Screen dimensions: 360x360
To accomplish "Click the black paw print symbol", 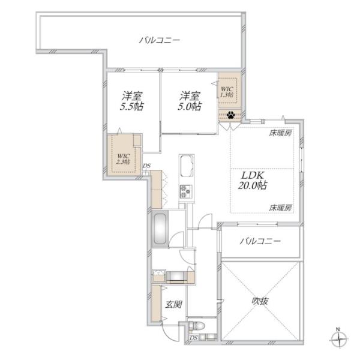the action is coord(230,115).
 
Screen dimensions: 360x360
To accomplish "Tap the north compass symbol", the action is coord(338,338).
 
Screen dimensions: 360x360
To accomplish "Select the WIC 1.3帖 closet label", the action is coord(227,92).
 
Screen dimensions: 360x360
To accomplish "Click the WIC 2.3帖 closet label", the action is coord(123,159).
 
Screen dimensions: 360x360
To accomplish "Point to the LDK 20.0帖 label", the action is coord(252,181).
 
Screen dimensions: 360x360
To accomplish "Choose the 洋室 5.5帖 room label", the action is coord(131,101).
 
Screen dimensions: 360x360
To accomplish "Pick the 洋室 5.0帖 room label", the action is coord(190,101).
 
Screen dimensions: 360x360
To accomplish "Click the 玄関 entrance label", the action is coord(174,305).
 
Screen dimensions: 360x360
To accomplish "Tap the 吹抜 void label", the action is coord(260,301).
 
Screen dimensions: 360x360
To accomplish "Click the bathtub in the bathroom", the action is coord(160,229).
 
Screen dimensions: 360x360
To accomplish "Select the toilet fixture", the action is coord(197,326).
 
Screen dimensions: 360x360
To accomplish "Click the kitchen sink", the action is coord(187,166).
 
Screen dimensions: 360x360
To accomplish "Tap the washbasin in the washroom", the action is coord(159,275).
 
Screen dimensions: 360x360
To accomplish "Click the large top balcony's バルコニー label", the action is coord(160,41).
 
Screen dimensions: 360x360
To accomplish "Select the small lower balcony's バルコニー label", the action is coord(260,241).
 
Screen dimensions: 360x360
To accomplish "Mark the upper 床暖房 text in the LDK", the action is coord(281,133).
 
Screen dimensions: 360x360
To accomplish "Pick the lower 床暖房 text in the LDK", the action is coord(281,208).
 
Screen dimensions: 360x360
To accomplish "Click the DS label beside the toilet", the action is coord(194,338).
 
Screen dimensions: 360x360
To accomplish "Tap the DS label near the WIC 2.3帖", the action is coord(147,166).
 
